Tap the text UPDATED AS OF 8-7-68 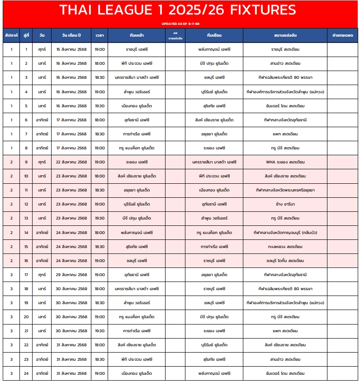click(180, 24)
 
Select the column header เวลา click(99, 35)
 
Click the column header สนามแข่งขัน click(285, 35)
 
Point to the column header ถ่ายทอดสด click(342, 35)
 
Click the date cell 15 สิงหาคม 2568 click(71, 49)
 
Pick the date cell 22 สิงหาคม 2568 click(71, 162)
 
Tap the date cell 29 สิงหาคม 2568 click(71, 275)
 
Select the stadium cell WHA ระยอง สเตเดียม click(285, 162)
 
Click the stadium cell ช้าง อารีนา click(285, 204)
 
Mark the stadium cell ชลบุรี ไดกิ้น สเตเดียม click(285, 261)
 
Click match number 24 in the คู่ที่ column click(26, 373)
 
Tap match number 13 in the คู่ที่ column click(26, 218)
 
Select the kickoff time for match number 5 click(99, 106)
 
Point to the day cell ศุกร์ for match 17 click(42, 275)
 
